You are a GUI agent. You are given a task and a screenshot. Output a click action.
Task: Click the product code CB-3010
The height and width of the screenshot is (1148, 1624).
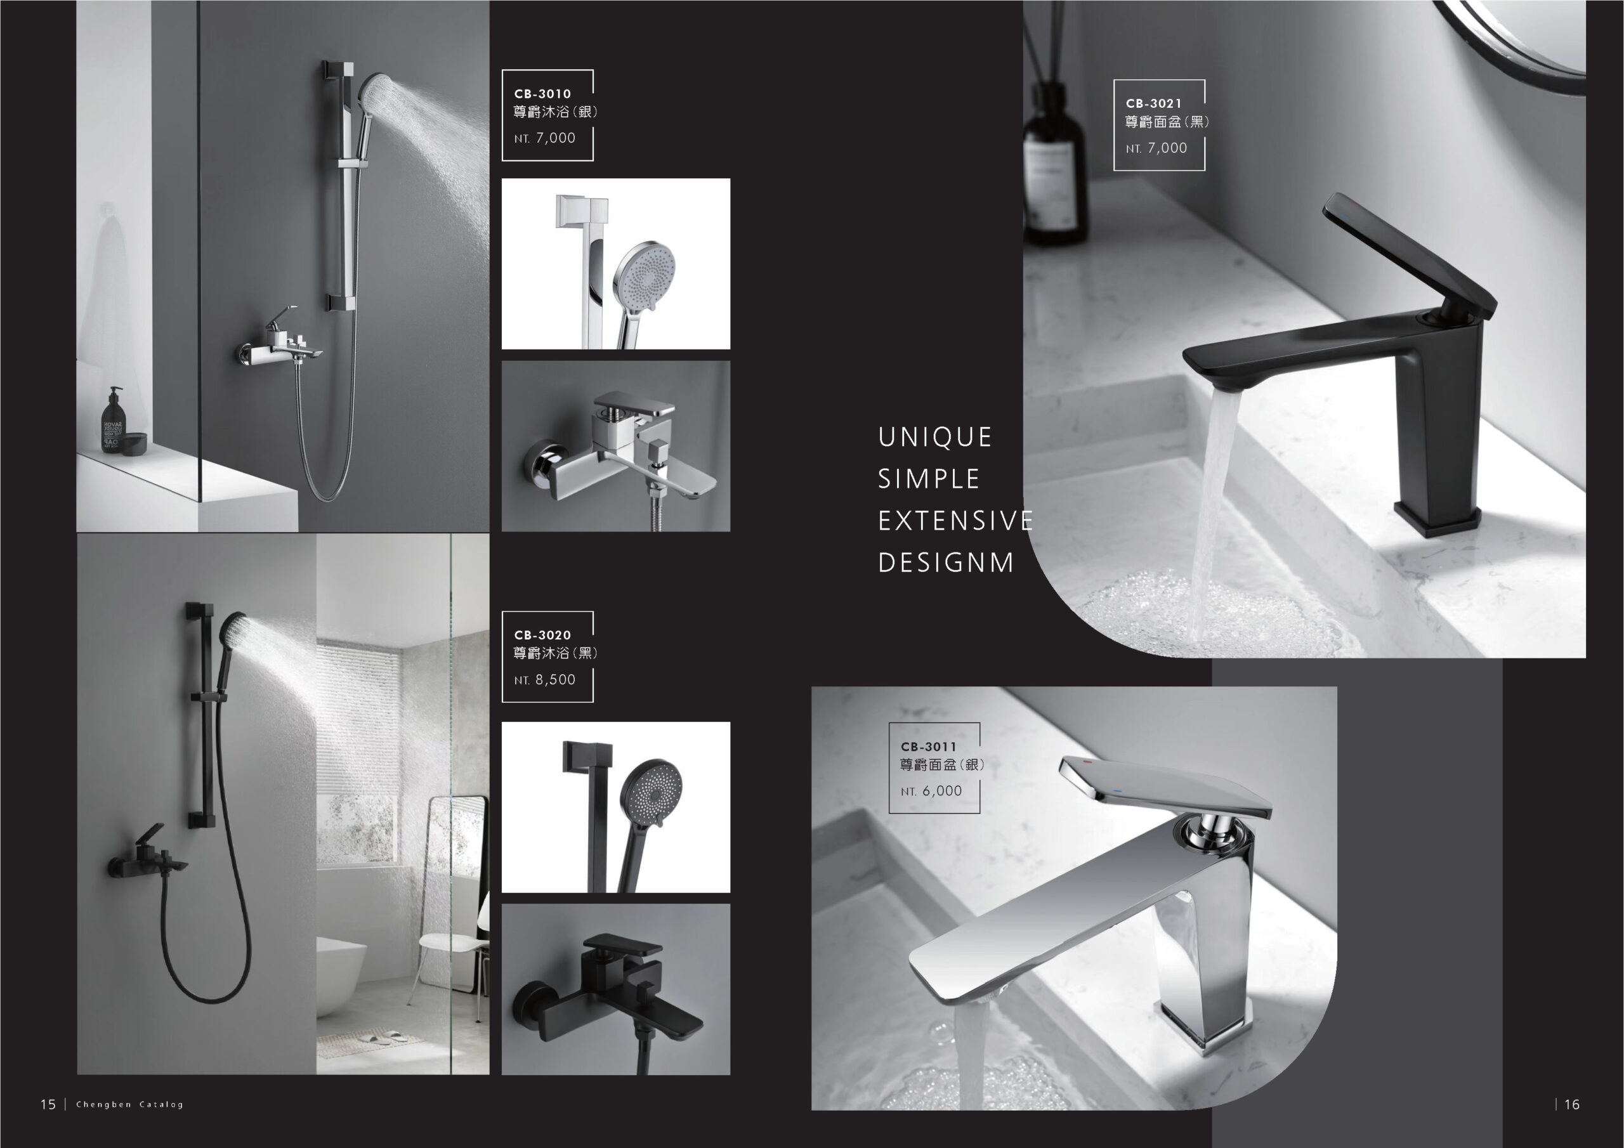542,94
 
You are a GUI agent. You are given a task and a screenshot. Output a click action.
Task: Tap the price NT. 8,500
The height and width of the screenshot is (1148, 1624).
545,680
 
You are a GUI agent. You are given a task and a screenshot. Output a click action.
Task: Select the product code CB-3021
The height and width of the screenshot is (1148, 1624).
1154,104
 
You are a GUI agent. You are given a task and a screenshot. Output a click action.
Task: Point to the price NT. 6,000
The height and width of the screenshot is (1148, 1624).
931,792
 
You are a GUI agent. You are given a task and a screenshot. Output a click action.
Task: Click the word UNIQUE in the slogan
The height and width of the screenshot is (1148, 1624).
935,437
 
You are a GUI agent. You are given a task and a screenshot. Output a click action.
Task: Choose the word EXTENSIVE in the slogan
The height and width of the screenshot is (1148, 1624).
955,521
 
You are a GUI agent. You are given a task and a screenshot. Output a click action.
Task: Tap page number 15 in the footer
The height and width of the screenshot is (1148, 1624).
48,1104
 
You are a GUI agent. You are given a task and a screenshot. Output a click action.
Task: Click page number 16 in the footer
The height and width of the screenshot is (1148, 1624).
1571,1104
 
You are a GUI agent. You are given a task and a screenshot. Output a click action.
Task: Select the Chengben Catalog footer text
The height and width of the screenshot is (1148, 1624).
129,1104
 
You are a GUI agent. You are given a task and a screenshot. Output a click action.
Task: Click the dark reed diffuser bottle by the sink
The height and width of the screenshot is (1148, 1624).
1054,163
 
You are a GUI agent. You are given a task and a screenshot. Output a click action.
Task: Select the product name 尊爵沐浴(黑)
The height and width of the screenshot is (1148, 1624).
556,653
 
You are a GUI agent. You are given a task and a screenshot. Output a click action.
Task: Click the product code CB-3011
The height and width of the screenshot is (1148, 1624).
928,747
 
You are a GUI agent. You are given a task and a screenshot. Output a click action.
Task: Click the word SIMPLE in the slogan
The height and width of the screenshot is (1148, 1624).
929,479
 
